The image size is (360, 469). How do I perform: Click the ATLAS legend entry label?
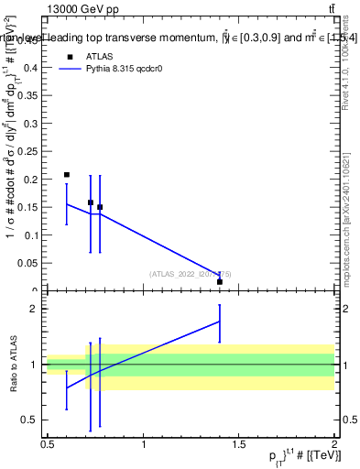(99, 56)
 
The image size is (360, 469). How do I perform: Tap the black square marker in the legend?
(68, 56)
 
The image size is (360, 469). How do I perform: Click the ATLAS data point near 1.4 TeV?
(220, 282)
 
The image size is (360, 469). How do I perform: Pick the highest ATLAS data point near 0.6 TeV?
(67, 174)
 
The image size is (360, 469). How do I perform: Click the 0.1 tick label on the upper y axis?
(35, 235)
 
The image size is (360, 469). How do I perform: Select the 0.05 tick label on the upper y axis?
(32, 264)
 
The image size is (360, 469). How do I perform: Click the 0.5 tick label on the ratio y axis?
(34, 420)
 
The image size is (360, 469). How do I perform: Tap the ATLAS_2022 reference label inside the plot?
(184, 274)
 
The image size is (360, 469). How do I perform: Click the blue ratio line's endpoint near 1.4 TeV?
(220, 321)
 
